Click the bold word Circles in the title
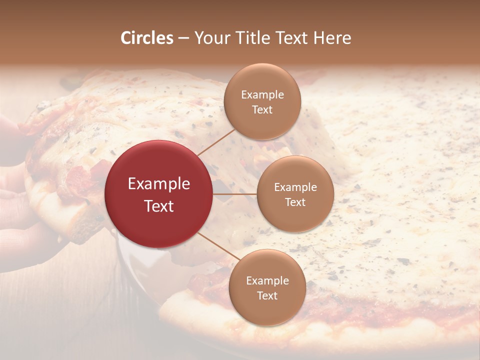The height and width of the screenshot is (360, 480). click(x=146, y=38)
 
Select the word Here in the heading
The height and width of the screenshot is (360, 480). click(x=332, y=38)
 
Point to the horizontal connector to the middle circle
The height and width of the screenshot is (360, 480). click(x=234, y=194)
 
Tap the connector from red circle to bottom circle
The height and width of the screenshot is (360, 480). click(x=214, y=245)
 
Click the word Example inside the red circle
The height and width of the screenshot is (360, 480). click(x=159, y=184)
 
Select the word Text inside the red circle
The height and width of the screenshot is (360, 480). click(x=159, y=206)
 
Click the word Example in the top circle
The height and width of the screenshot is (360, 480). click(x=262, y=95)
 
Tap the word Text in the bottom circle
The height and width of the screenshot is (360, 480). click(x=267, y=296)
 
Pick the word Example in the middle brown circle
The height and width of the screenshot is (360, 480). click(x=295, y=187)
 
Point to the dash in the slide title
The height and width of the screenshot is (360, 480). click(x=183, y=38)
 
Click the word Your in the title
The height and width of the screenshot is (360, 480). click(x=207, y=38)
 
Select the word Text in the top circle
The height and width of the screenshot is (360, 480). click(x=262, y=109)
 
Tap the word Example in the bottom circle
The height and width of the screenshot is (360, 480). click(x=267, y=281)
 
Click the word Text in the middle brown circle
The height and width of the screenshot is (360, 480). click(x=295, y=202)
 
